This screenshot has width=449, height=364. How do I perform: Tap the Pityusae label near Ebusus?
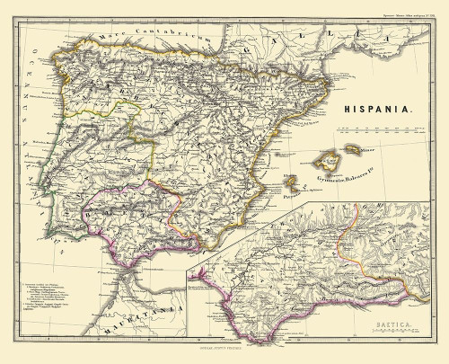289,191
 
